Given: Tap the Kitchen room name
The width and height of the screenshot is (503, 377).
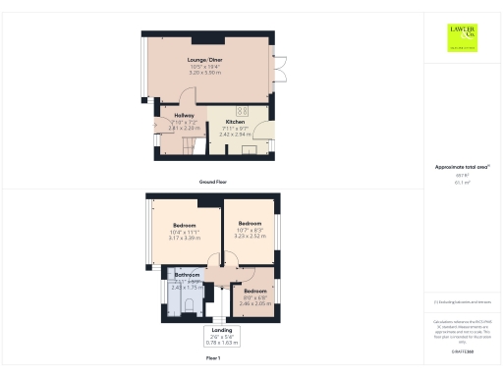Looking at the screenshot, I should click(235, 122).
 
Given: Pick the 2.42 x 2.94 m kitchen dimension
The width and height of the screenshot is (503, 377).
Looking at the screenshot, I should click(235, 134).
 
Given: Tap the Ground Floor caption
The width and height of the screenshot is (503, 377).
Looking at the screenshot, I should click(213, 183).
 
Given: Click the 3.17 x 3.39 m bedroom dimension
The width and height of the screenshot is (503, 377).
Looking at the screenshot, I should click(185, 238).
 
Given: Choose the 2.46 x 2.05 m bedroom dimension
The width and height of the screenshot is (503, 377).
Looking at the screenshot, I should click(254, 304).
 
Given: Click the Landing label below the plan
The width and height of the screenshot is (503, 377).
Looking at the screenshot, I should click(221, 331).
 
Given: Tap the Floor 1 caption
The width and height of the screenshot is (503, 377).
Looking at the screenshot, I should click(213, 359).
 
